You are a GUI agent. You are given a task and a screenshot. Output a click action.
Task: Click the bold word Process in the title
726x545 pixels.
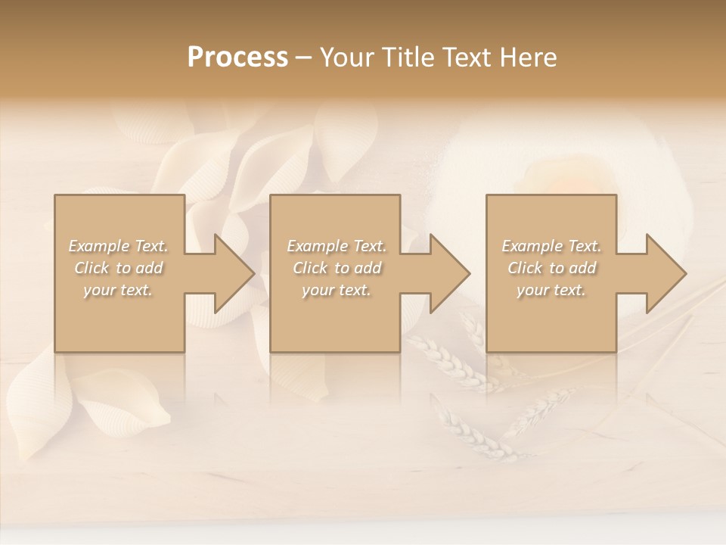237,58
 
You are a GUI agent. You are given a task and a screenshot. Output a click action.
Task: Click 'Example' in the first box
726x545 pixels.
99,246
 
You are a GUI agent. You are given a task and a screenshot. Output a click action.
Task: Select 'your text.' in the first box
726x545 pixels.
118,290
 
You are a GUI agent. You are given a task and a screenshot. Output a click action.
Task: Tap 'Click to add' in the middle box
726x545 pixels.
337,268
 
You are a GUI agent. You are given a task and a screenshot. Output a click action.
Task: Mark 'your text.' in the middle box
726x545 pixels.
337,290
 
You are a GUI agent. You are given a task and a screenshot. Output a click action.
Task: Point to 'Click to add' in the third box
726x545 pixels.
551,268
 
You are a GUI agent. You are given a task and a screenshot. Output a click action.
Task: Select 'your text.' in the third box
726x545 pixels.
551,290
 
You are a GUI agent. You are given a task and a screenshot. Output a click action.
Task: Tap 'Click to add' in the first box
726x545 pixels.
118,268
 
